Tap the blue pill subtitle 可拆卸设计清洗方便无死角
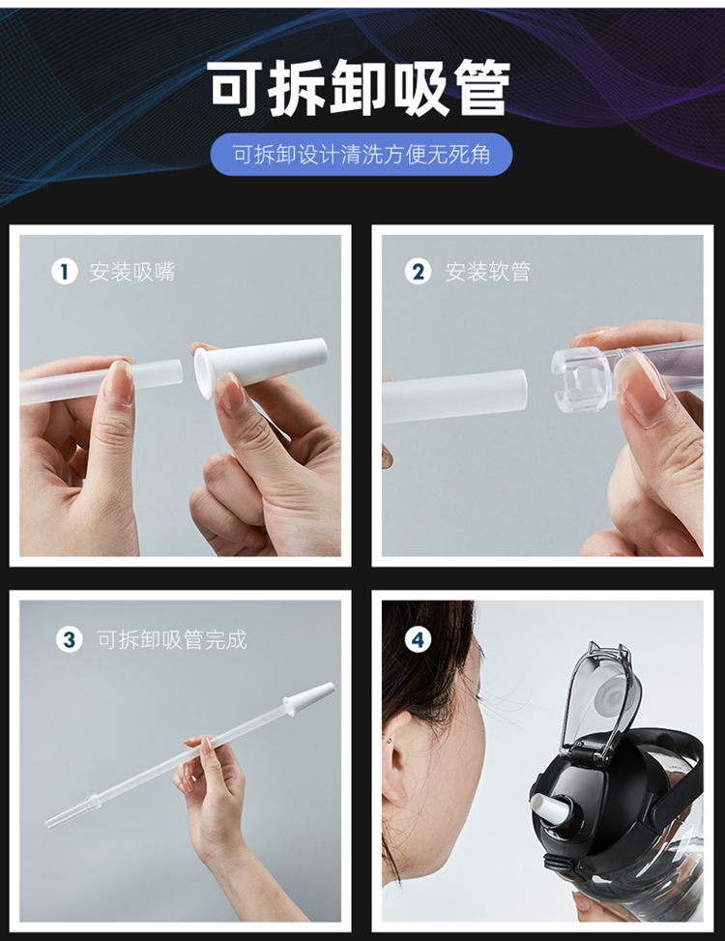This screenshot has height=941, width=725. (x=362, y=155)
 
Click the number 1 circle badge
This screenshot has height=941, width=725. (x=65, y=271)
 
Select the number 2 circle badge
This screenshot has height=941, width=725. (x=418, y=271)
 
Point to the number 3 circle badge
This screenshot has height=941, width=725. (x=69, y=639)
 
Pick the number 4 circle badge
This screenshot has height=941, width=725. (x=418, y=639)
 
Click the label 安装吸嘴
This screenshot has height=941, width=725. (x=131, y=272)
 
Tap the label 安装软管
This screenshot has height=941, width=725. (x=487, y=272)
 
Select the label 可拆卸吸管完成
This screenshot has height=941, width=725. (x=172, y=639)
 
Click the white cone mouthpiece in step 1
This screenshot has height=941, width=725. (x=260, y=367)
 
